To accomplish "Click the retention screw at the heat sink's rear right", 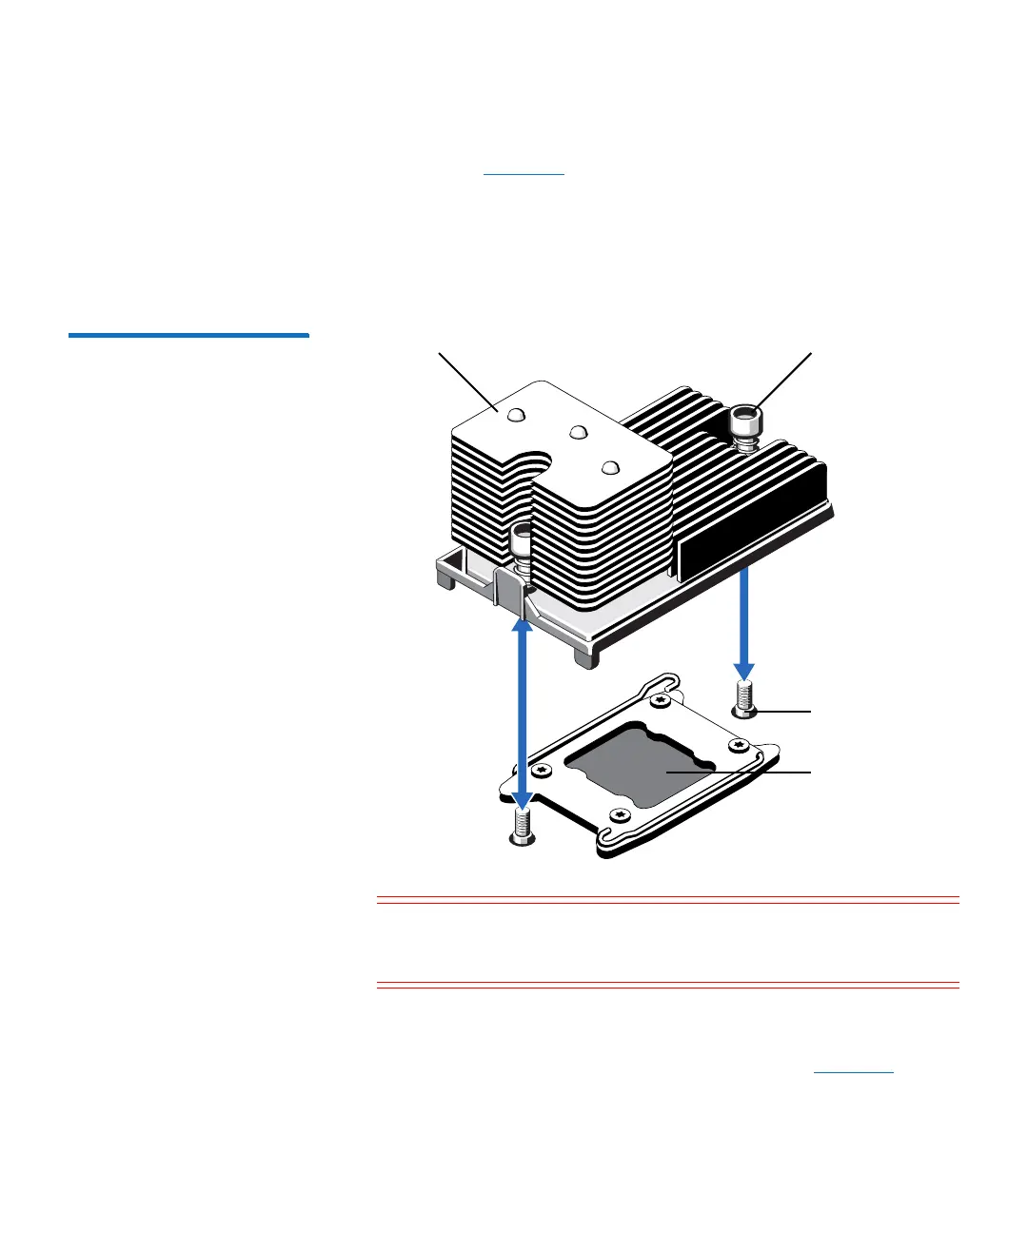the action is click(x=744, y=422).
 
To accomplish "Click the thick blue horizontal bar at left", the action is click(x=188, y=335).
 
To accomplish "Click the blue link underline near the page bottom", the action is click(x=854, y=1073).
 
